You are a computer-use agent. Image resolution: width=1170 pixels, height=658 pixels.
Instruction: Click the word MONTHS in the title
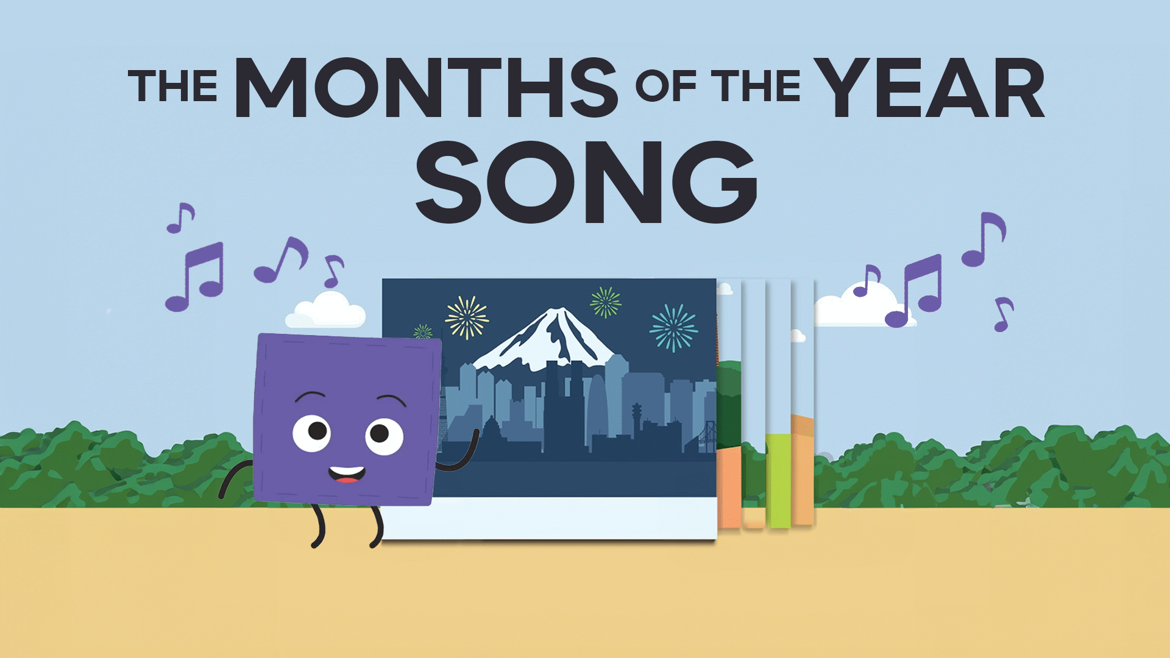coord(427,87)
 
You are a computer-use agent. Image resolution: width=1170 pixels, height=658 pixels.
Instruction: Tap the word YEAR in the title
coord(931,87)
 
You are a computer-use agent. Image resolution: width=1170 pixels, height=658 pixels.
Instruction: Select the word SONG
coord(586,181)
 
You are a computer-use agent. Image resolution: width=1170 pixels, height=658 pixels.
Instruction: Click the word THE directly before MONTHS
coord(173,86)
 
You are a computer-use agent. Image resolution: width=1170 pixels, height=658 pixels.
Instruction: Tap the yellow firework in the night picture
coord(467,317)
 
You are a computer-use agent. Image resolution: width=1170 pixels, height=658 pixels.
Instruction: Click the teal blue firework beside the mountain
coord(673,328)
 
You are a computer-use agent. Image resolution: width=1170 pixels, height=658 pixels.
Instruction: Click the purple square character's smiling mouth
coord(347,475)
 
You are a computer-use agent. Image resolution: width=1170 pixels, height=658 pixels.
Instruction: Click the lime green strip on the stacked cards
coord(778,481)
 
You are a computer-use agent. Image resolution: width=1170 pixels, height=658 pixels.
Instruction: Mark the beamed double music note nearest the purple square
coord(195,277)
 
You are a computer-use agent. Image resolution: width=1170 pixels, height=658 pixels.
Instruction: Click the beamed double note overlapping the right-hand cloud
coord(914,291)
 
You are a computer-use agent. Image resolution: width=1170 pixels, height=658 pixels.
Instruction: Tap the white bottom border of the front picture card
coord(548,518)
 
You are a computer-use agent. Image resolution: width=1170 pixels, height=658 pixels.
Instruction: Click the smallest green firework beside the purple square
coord(423,332)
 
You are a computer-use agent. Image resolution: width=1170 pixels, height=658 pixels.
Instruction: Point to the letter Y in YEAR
coord(844,87)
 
